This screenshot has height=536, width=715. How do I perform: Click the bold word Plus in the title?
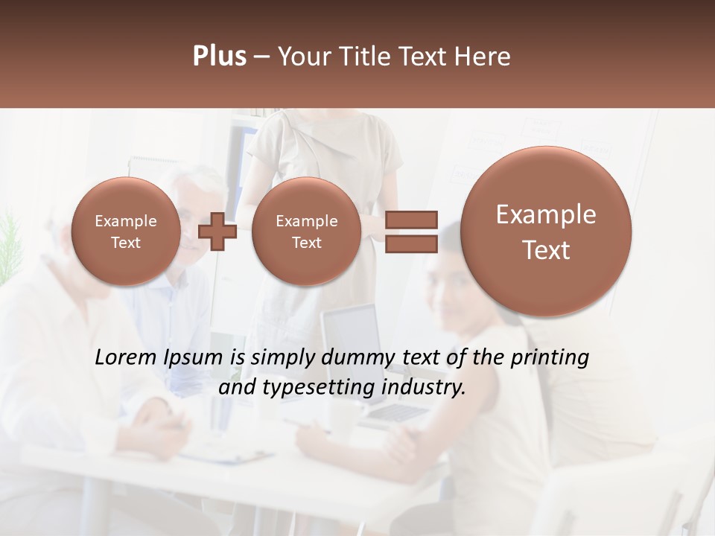[x=219, y=57]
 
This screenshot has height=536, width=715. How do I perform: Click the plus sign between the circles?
[x=217, y=232]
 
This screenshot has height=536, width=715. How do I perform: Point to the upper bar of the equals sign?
[x=411, y=220]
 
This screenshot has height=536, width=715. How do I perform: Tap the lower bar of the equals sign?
[x=411, y=244]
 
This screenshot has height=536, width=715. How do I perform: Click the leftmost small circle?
[x=125, y=232]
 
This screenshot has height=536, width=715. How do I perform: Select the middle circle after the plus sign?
[x=306, y=232]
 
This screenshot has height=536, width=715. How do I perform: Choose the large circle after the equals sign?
[x=546, y=232]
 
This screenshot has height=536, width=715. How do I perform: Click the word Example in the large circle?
[x=546, y=214]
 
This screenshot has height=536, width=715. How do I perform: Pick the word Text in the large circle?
[x=546, y=250]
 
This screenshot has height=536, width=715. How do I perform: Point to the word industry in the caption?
[x=423, y=388]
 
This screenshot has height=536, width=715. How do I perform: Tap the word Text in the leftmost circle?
[x=125, y=243]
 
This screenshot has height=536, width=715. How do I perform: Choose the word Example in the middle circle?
[x=306, y=221]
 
